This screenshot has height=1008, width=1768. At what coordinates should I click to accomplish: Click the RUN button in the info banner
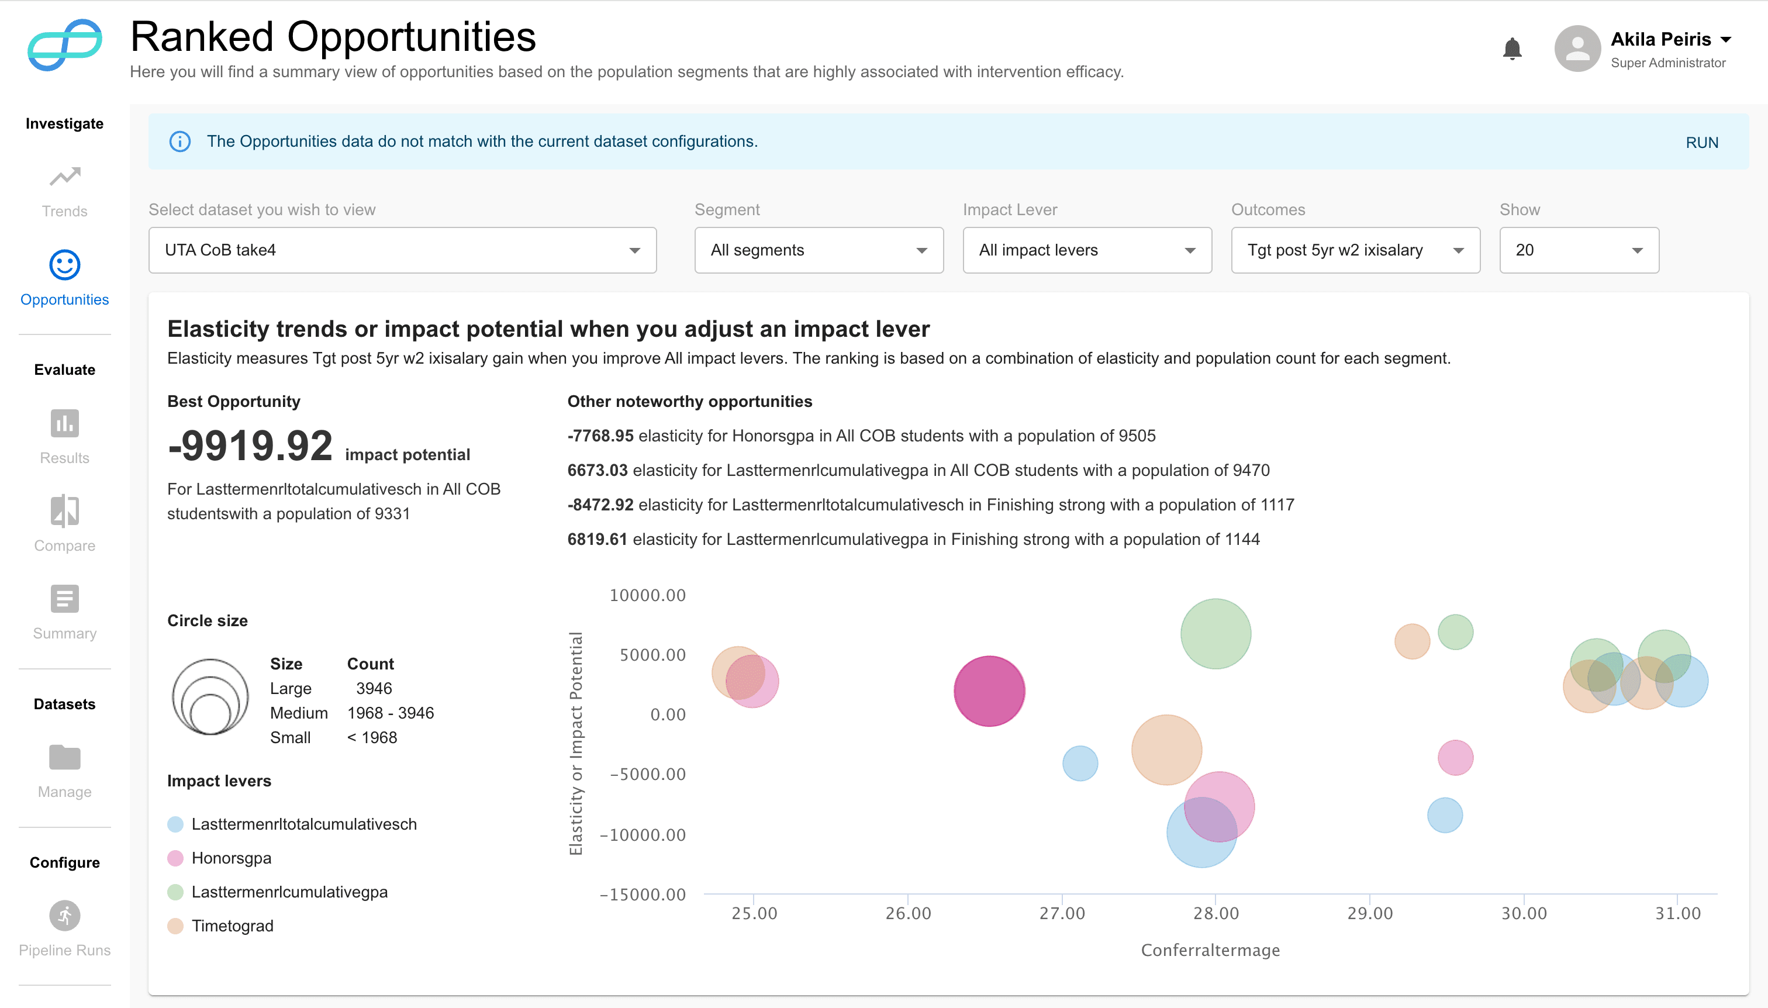[x=1701, y=143]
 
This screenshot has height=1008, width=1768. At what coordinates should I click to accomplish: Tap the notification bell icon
[x=1512, y=49]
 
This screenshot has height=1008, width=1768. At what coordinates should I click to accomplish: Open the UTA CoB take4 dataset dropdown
[x=402, y=250]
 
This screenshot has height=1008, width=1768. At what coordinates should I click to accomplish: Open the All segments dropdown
[x=819, y=250]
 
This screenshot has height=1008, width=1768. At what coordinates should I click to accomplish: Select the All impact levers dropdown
[x=1086, y=250]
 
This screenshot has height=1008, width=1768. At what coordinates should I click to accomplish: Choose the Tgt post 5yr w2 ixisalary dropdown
[x=1355, y=250]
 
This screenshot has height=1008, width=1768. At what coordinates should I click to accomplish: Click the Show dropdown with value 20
[x=1579, y=250]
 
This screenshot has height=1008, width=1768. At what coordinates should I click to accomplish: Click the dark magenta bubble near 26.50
[x=989, y=691]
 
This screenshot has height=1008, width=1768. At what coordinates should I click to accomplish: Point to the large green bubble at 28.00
[x=1215, y=633]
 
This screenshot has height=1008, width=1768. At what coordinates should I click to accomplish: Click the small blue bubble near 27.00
[x=1079, y=763]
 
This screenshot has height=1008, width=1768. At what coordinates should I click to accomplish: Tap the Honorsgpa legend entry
[x=230, y=858]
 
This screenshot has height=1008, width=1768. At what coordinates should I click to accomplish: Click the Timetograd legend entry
[x=232, y=926]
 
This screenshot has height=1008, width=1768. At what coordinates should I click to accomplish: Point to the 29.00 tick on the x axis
[x=1369, y=913]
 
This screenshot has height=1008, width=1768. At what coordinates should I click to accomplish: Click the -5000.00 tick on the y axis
[x=647, y=774]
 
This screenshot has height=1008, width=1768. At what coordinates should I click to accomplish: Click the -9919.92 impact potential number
[x=250, y=446]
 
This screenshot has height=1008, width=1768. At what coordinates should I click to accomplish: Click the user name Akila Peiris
[x=1660, y=39]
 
